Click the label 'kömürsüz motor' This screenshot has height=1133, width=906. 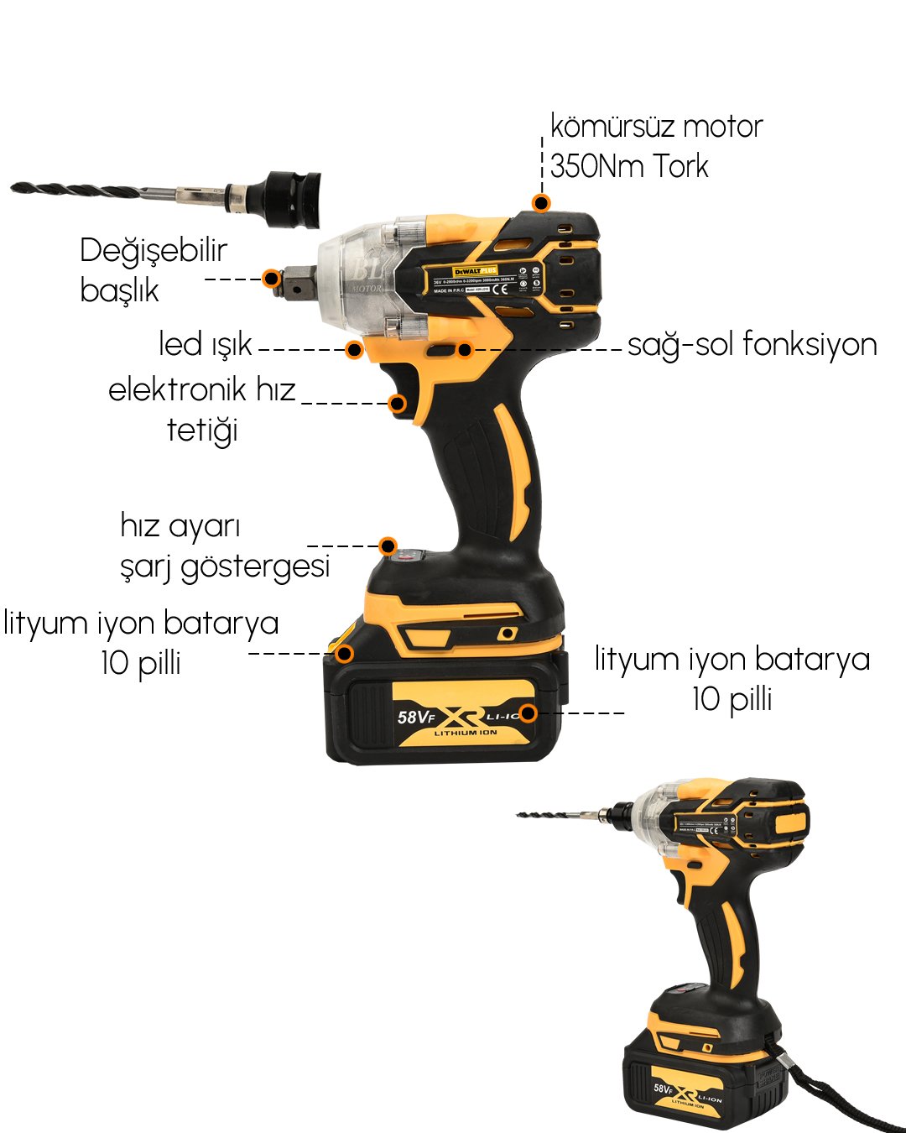click(656, 127)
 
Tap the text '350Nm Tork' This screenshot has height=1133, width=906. click(629, 166)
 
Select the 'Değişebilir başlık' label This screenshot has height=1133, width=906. click(153, 269)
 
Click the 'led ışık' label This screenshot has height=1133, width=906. click(205, 344)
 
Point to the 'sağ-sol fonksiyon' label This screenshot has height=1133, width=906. click(752, 345)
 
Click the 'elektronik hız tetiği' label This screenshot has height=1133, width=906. click(202, 410)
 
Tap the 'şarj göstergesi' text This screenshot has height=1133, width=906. click(225, 566)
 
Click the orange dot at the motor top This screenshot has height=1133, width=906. click(541, 203)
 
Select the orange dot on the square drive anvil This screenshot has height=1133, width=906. click(270, 279)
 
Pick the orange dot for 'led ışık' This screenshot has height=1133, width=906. click(354, 349)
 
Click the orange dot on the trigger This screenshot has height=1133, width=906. click(398, 404)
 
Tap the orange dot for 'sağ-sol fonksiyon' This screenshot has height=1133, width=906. click(465, 349)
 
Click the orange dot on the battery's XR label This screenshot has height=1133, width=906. click(527, 713)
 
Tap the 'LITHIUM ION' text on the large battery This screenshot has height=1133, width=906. click(466, 733)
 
